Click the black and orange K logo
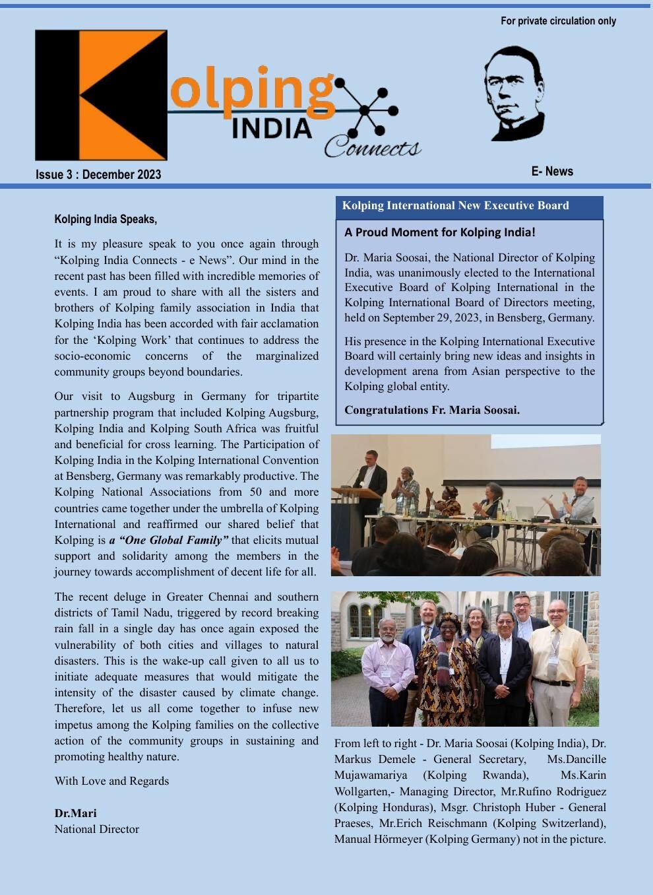101,95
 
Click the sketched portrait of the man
514,93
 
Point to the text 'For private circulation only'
558,21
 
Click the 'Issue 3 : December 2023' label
98,175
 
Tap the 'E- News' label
552,172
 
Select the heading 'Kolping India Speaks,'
106,219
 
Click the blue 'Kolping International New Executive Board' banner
469,206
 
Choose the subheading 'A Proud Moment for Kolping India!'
439,232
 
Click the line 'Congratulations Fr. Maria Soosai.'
431,410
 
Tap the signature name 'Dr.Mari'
75,813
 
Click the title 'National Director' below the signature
96,829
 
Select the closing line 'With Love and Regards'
111,781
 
